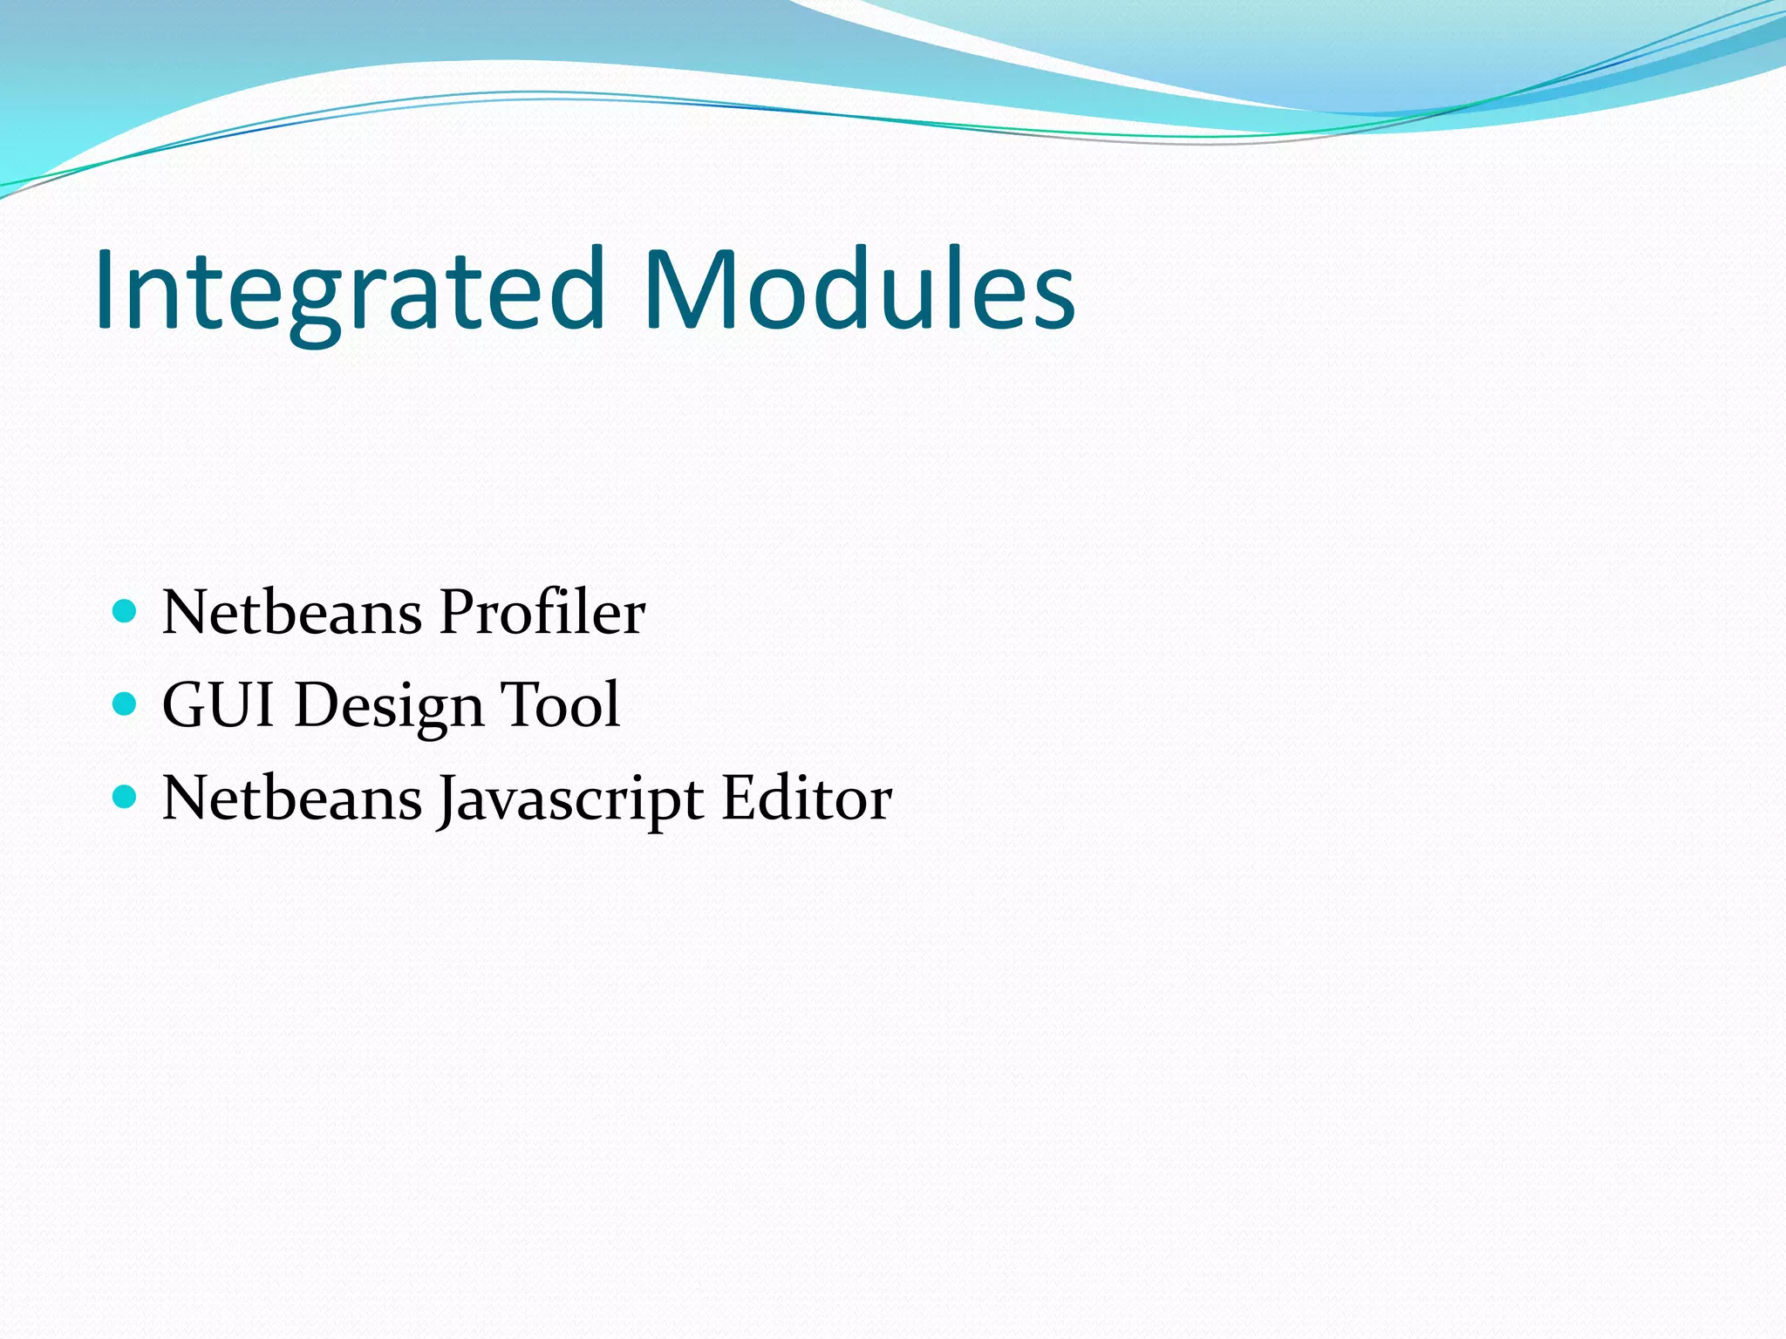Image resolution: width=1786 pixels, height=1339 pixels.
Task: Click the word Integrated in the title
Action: [349, 290]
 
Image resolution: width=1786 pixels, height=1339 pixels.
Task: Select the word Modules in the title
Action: [858, 290]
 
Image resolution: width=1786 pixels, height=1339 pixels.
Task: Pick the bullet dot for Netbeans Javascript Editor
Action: [126, 796]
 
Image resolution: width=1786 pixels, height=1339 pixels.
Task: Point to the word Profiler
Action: [542, 612]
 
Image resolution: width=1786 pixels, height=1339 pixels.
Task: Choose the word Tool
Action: [560, 704]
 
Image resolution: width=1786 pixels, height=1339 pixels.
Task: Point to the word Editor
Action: [807, 798]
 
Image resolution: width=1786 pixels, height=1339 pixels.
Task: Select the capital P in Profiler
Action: [458, 612]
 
